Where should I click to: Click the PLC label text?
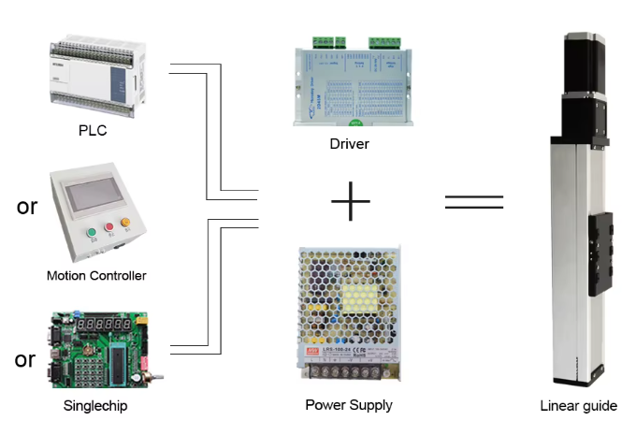coord(93,130)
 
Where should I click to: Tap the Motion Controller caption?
coord(96,275)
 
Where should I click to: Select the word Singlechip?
coord(95,406)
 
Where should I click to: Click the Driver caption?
coord(349,144)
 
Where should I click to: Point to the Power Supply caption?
coord(349,405)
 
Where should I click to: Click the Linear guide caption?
coord(579,406)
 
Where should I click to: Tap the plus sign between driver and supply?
coord(351,200)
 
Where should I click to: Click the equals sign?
coord(473,201)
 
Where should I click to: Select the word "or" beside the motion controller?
coord(27,207)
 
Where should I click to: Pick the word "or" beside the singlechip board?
coord(25,359)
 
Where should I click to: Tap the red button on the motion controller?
coord(109,226)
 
